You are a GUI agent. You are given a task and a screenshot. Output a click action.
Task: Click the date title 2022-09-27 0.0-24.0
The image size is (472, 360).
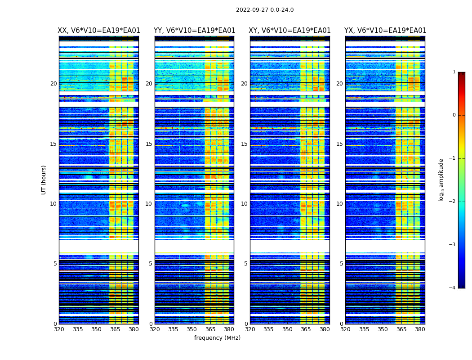pos(265,10)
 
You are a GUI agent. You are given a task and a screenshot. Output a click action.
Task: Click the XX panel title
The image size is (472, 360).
pos(99,31)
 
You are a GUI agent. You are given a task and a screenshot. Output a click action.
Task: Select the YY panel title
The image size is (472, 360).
pos(194,31)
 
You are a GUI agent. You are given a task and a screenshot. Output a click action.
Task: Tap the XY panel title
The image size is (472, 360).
pos(290,31)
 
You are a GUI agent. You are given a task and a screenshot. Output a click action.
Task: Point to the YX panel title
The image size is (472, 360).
pos(385,31)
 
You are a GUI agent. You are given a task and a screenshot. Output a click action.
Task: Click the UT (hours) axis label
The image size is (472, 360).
pos(44,180)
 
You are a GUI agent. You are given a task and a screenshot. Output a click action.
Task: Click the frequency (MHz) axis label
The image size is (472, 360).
pos(217,338)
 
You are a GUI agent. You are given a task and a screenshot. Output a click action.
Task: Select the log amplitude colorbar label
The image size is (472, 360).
pos(441,180)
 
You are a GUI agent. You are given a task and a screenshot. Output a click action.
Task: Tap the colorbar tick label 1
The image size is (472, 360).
pos(454,72)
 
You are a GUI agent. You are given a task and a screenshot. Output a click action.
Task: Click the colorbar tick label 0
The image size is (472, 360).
pos(454,115)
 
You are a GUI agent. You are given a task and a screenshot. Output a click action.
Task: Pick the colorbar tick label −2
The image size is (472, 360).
pos(453,202)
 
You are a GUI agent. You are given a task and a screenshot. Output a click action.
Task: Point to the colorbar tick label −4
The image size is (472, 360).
pos(453,288)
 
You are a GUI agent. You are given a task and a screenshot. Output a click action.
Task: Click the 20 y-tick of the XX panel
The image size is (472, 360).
pos(53,84)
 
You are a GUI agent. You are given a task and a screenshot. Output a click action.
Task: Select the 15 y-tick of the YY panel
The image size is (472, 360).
pos(149,144)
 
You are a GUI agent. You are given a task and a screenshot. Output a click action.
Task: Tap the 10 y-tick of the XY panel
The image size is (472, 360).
pos(244,204)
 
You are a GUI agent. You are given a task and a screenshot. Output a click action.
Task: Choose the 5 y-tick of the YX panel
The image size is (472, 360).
pos(341,264)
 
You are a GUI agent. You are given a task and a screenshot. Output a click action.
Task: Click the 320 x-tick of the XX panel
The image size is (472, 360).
pos(59,329)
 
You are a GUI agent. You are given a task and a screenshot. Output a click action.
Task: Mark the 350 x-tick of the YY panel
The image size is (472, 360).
pos(192,329)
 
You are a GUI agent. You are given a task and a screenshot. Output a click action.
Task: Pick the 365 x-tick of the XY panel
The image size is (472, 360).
pos(306,329)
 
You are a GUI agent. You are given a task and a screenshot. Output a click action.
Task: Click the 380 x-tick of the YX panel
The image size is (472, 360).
pos(420,329)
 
